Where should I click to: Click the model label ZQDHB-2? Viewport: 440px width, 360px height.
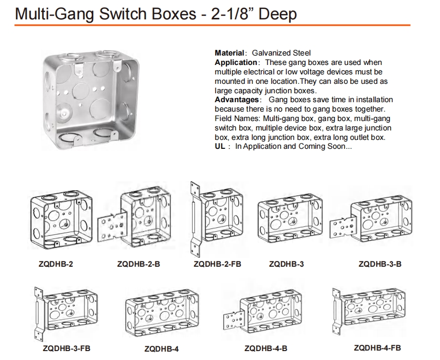click(x=56, y=264)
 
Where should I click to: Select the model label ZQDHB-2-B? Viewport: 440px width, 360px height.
click(x=138, y=264)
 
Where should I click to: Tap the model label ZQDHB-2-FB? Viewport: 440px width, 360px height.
click(x=217, y=264)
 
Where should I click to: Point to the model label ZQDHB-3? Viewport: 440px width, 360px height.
click(x=286, y=264)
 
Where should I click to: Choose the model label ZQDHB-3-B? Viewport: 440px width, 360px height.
click(x=380, y=264)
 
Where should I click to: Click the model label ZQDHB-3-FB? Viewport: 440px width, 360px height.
click(x=67, y=348)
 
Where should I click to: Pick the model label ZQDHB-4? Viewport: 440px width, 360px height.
click(x=161, y=349)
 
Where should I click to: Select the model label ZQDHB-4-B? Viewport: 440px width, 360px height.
click(x=266, y=348)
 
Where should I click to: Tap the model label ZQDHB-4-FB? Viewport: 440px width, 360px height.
click(x=378, y=348)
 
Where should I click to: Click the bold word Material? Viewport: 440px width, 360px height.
click(x=229, y=53)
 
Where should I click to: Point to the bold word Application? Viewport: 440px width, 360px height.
click(x=236, y=62)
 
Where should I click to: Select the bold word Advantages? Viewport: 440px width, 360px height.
click(x=237, y=100)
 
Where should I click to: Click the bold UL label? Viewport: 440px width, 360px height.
click(x=220, y=146)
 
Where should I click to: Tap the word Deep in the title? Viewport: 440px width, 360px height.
click(x=278, y=14)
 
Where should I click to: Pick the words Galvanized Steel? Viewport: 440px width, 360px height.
click(x=281, y=53)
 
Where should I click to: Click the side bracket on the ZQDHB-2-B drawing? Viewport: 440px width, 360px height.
click(x=112, y=227)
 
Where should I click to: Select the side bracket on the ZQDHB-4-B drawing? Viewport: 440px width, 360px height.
click(x=234, y=322)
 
